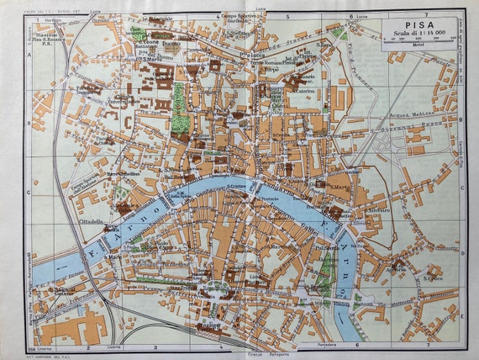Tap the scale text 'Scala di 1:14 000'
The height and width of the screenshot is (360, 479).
point(418,33)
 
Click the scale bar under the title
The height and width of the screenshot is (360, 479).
point(418,43)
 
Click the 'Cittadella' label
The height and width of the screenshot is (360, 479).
point(92,222)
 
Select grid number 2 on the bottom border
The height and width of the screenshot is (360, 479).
point(87,345)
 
